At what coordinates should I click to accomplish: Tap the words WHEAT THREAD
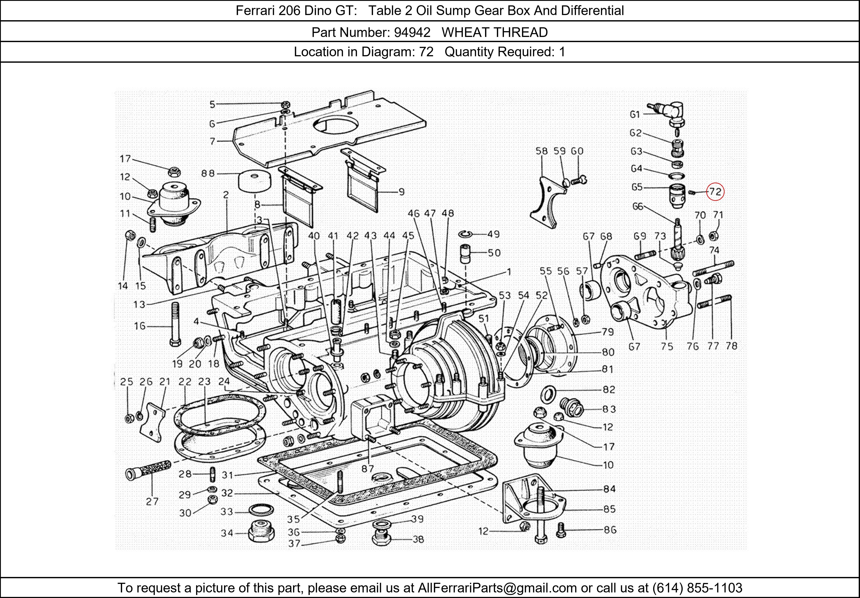[x=494, y=33]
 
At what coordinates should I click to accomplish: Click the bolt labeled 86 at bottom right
[x=560, y=529]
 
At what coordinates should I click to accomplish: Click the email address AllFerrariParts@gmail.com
[x=497, y=588]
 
